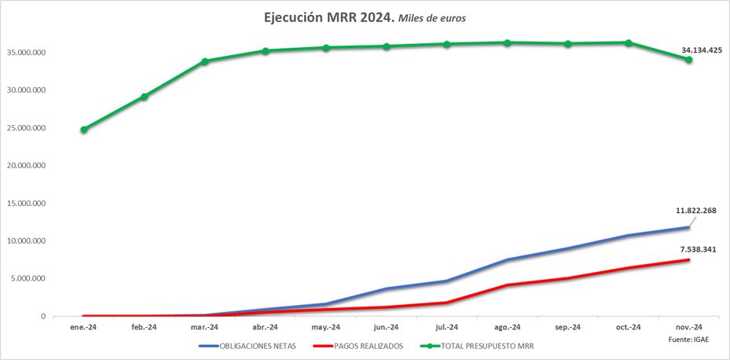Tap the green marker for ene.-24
pos(84,130)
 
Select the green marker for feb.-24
pos(145,97)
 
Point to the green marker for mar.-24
pos(204,61)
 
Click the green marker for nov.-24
pos(688,60)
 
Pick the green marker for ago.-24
pos(508,42)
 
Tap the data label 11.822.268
pos(695,211)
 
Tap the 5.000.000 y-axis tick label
pos(30,279)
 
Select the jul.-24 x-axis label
pos(447,328)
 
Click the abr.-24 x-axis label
pos(266,328)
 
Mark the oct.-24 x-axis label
pos(628,328)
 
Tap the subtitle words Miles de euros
pos(432,18)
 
